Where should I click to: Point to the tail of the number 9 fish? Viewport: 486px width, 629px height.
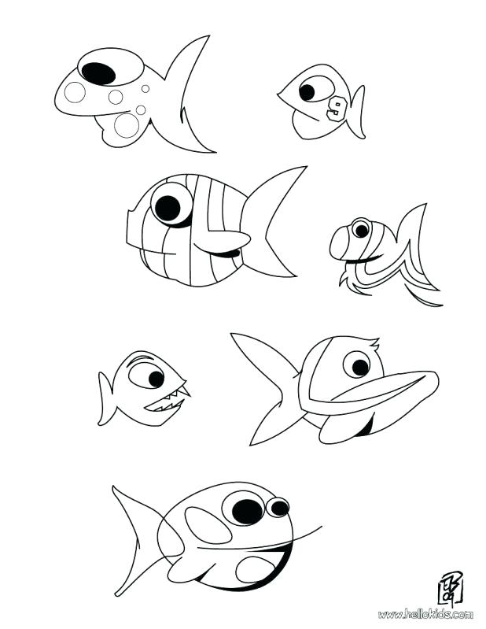(358, 109)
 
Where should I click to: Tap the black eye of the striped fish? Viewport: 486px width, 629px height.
(168, 208)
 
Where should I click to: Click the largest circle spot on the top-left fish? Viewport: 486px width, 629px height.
(127, 124)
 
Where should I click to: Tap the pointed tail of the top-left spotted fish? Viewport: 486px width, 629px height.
(193, 94)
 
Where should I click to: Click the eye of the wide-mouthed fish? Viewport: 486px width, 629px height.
(357, 364)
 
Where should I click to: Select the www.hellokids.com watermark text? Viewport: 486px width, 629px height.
(425, 613)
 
